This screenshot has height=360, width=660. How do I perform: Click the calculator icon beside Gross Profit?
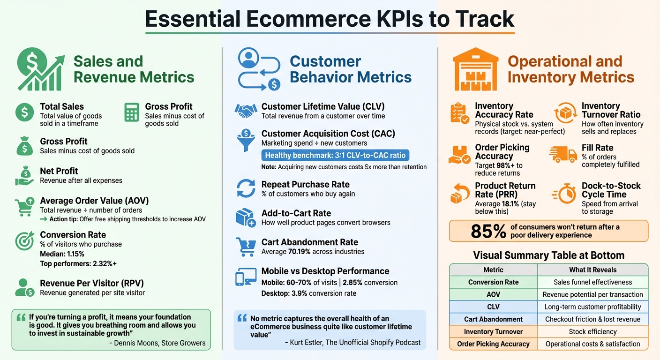coord(132,112)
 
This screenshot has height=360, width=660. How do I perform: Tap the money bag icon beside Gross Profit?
coord(24,146)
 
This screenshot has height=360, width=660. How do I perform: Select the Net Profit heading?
coord(59,171)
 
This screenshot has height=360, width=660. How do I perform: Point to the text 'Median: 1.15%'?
coord(62,254)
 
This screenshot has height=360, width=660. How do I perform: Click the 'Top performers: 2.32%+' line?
coord(78,264)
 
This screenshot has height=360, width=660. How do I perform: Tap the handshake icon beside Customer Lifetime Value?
coord(246,111)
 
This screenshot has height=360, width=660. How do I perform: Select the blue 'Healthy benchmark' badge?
coord(335,156)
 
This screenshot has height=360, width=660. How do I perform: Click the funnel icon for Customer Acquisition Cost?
coord(246,140)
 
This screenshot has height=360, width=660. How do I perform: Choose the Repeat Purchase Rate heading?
coord(305,184)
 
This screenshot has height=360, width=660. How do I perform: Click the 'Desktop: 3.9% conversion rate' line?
coord(308,293)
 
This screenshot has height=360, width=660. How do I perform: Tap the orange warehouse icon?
coord(475,69)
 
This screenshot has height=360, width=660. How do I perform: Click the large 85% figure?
coord(488,231)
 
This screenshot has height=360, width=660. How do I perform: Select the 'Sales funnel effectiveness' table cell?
coord(592,282)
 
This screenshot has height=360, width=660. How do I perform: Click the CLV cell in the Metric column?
coord(493,307)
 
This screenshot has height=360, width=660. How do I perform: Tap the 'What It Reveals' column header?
coord(592,270)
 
